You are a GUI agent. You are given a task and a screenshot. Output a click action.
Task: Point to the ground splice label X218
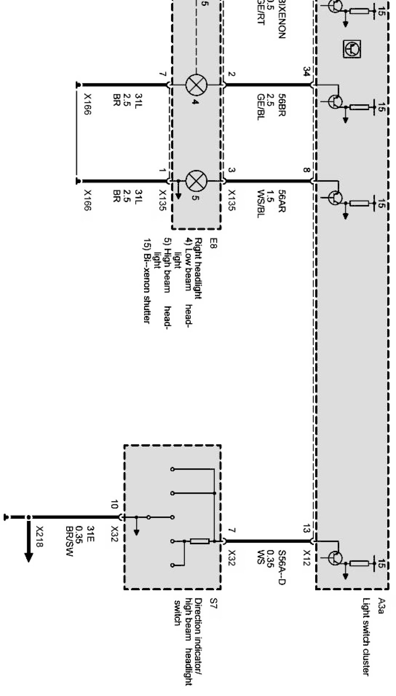(40, 536)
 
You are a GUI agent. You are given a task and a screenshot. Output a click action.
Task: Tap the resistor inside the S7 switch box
(200, 541)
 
